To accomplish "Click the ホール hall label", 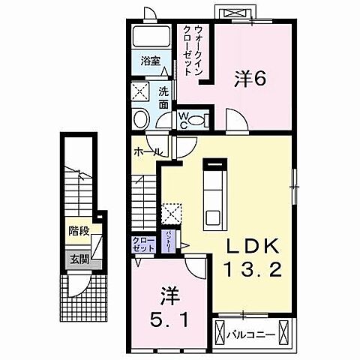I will (145, 152).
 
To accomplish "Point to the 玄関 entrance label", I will (77, 259).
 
